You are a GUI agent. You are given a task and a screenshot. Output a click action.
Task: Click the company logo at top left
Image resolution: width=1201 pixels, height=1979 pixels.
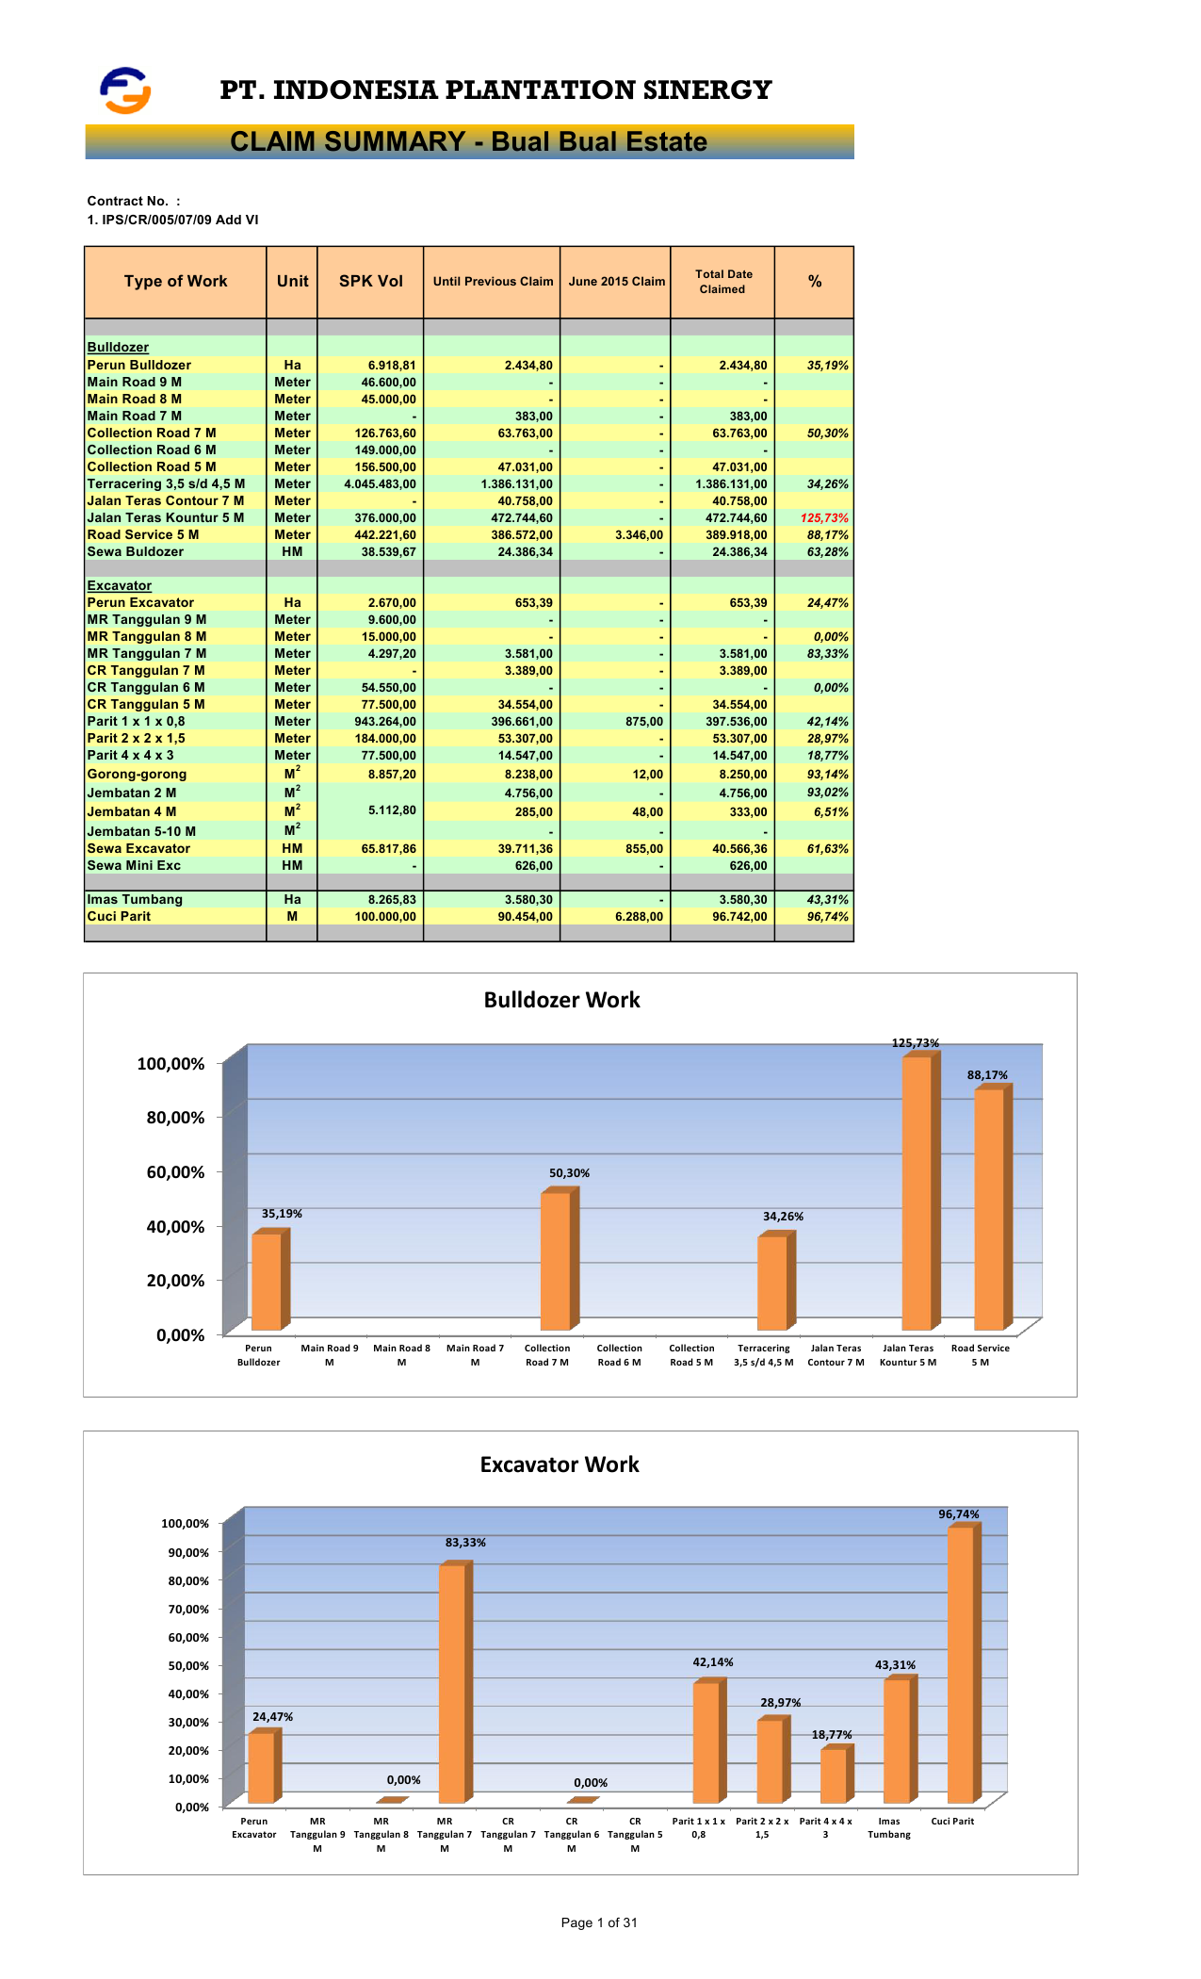coord(125,90)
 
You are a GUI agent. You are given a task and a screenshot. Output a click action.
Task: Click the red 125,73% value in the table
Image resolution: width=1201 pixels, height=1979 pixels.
coord(824,518)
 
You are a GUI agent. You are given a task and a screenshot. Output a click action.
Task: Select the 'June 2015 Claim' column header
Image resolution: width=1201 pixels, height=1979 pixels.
coord(616,282)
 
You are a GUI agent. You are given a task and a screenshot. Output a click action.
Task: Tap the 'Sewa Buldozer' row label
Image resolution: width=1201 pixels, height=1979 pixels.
coord(136,552)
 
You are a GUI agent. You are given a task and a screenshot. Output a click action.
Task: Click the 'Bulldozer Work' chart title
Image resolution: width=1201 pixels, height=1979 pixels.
coord(561,1001)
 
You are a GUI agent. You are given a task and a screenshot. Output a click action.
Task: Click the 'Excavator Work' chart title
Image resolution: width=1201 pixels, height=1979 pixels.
coord(560,1464)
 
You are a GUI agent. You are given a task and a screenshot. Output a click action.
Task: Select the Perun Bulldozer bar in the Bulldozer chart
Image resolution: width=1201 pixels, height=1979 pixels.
coord(267,1281)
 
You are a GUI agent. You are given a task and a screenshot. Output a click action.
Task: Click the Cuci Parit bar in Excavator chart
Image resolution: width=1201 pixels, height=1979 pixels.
coord(961,1664)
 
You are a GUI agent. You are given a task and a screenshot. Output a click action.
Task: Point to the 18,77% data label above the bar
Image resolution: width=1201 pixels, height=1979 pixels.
coord(832,1735)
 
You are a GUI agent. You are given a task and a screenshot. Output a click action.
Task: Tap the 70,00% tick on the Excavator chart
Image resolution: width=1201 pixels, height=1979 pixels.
coord(186,1609)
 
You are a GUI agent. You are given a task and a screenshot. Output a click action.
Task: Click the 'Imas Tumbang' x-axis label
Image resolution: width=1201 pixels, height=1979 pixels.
coord(889,1827)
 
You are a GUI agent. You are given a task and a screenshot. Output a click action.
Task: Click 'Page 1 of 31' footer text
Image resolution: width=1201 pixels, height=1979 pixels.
coord(599,1922)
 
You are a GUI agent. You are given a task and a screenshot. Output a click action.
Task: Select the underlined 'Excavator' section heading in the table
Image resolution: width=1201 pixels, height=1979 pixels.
coord(120,586)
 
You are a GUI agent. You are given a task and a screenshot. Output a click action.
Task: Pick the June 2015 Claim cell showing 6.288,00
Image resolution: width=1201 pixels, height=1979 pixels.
coord(639,917)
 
